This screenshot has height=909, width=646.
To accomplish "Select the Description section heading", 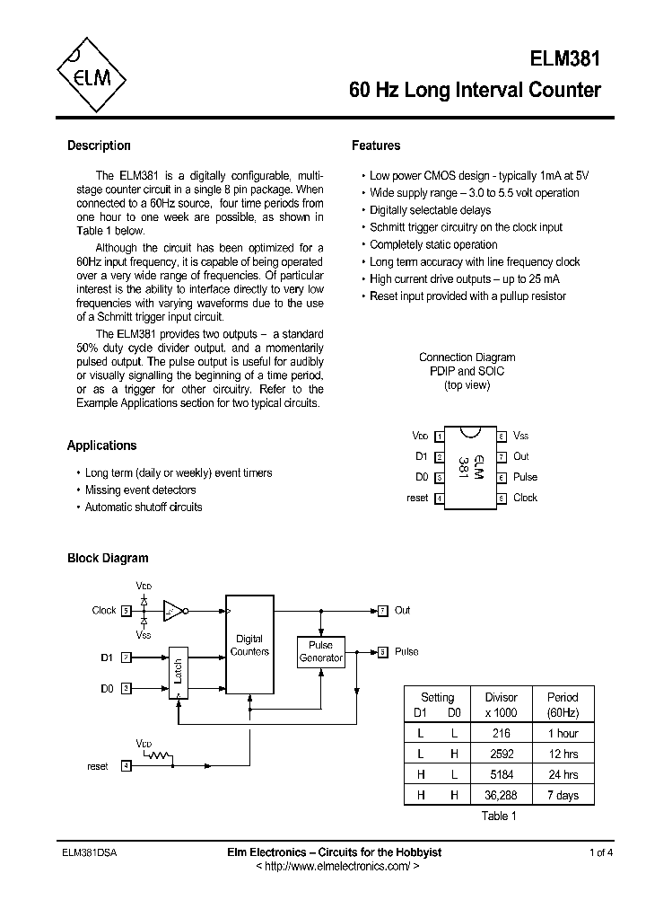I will [99, 146].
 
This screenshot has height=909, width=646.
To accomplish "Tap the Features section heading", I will [376, 146].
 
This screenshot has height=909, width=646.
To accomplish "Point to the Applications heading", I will [101, 446].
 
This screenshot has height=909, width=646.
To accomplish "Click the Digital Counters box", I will [249, 645].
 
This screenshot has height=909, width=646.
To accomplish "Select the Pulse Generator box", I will [320, 651].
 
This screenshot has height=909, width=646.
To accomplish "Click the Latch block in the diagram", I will [179, 674].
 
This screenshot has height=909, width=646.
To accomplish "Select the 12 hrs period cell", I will [563, 754].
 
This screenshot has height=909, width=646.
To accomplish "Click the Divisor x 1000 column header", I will [501, 704].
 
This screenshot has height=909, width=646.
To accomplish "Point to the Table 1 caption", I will [499, 816].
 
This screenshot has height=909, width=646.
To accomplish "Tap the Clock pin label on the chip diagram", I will [525, 498].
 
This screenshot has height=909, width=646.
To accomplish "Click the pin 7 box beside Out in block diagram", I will [382, 610].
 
